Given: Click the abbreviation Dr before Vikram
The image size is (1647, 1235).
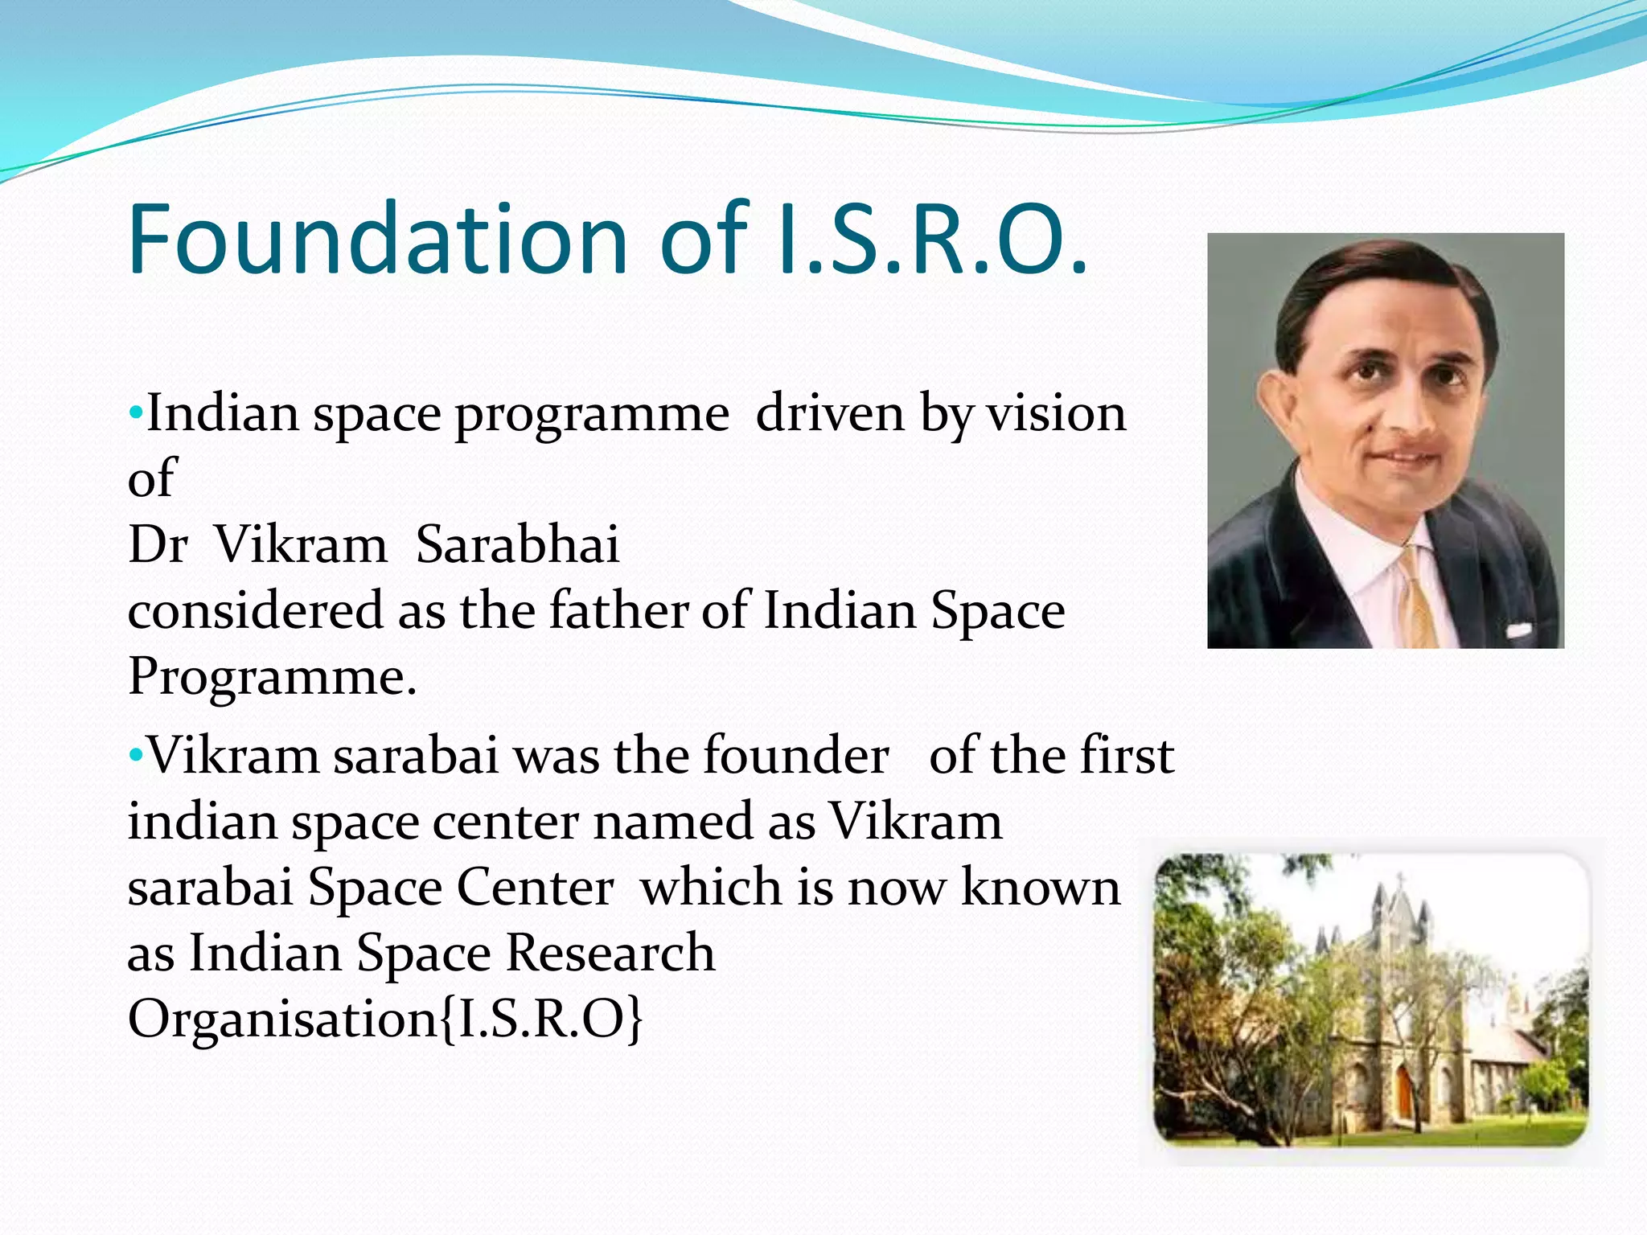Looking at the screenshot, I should [x=157, y=544].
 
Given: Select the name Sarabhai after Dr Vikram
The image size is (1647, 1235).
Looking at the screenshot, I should [x=517, y=544].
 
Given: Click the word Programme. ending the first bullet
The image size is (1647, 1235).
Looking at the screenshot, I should [x=272, y=677].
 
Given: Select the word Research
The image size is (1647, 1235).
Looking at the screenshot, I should [x=610, y=954].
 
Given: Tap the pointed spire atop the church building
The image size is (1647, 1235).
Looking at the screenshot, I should [x=1399, y=892].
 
